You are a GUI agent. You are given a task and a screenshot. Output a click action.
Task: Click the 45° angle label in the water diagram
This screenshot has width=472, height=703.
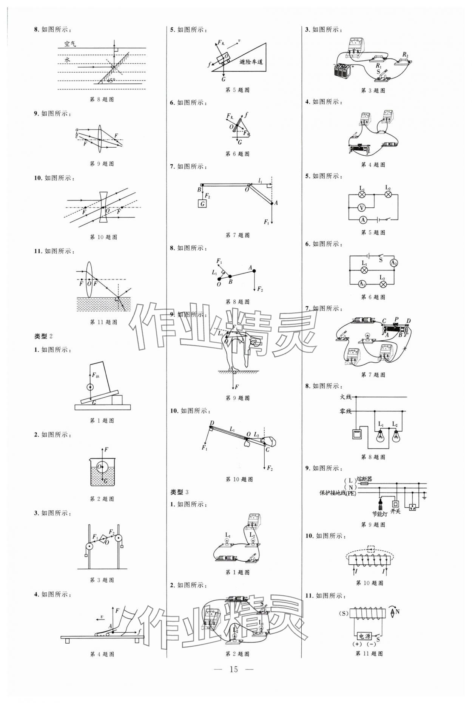pyautogui.click(x=111, y=80)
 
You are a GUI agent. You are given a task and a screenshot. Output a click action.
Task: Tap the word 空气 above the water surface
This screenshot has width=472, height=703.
pyautogui.click(x=70, y=44)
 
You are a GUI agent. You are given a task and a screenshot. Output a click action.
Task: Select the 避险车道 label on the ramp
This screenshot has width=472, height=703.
pyautogui.click(x=251, y=62)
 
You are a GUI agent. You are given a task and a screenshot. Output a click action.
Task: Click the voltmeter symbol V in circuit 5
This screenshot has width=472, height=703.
pyautogui.click(x=361, y=207)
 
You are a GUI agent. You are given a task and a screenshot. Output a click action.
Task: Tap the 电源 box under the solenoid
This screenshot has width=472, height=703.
pyautogui.click(x=365, y=637)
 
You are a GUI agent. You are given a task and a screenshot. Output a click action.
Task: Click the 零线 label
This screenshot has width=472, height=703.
pyautogui.click(x=346, y=411)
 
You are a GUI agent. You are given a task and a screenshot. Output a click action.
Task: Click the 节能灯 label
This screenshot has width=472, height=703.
pyautogui.click(x=380, y=514)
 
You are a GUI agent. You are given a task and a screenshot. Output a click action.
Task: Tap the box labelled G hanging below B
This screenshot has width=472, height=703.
pyautogui.click(x=203, y=204)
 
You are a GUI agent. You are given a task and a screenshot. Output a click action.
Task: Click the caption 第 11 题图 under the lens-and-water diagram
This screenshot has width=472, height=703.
pyautogui.click(x=103, y=322)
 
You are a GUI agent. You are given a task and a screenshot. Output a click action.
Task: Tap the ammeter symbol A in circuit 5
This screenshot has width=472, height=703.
pyautogui.click(x=363, y=220)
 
